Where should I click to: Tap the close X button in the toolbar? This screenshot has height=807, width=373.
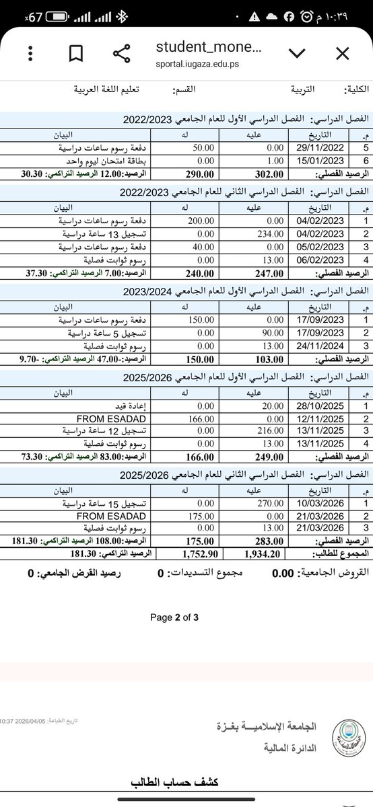click(342, 54)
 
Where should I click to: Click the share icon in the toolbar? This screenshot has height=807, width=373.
click(121, 54)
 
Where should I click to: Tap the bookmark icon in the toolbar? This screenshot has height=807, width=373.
click(75, 54)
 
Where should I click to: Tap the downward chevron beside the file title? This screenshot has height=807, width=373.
click(296, 54)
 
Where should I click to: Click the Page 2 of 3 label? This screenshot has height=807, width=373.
click(174, 617)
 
